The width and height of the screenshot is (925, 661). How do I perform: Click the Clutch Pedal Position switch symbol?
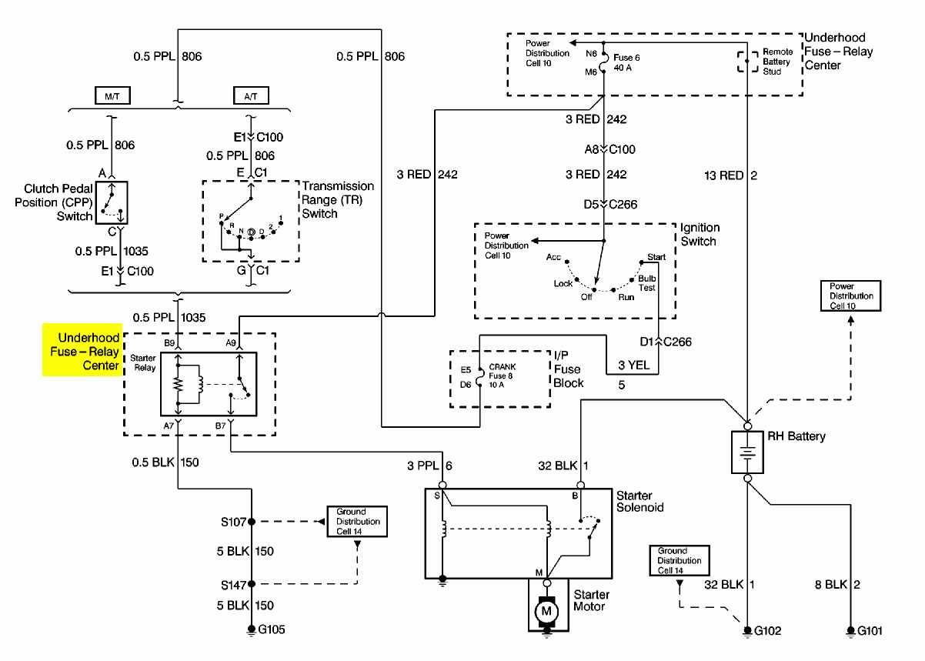click(112, 202)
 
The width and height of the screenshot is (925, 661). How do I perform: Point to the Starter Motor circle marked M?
click(546, 610)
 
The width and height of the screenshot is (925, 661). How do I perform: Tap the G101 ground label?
click(869, 631)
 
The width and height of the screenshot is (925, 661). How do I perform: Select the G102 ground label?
click(768, 631)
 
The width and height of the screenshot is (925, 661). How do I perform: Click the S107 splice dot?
click(251, 522)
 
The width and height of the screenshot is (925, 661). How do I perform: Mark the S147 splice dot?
click(251, 584)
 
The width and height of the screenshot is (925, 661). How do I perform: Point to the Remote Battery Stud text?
click(777, 62)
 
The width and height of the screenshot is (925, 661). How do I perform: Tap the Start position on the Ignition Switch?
click(656, 257)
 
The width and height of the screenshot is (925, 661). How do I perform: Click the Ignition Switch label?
click(700, 235)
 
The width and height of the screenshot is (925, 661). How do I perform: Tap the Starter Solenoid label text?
click(639, 501)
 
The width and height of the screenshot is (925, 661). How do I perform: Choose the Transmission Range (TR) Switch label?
click(338, 199)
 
